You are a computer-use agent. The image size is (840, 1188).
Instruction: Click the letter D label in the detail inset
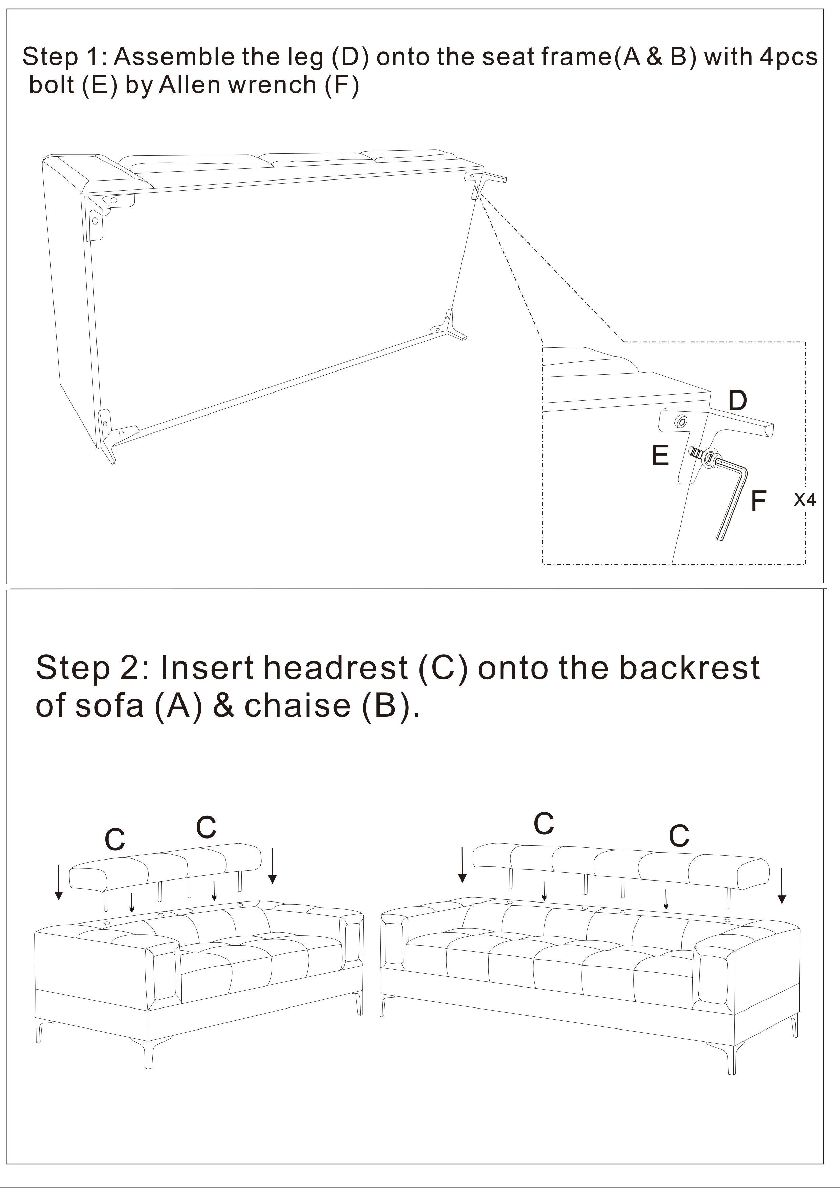tap(738, 401)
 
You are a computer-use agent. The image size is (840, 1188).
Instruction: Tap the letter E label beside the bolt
tap(660, 455)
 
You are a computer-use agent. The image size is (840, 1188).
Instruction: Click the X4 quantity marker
tap(804, 500)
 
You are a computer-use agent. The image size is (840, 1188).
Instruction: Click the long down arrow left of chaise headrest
tap(59, 882)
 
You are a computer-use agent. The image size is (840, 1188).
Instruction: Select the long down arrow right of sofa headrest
tap(782, 886)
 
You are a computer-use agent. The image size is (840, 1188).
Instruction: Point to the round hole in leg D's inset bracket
tap(681, 423)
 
